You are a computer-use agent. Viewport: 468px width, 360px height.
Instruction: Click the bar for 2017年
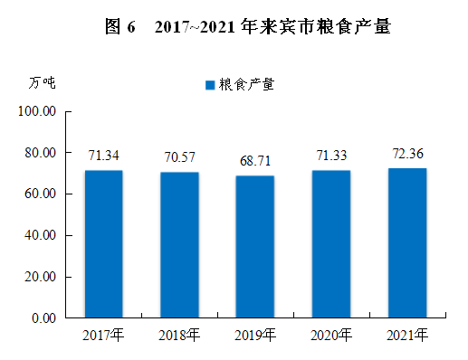coord(104,244)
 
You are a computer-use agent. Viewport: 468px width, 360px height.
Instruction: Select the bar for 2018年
coord(179,245)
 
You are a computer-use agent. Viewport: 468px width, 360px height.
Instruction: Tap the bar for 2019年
coord(255,247)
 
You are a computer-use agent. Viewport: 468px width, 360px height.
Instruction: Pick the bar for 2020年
coord(331,244)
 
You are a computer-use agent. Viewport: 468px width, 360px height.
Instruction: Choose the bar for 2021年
coord(407,243)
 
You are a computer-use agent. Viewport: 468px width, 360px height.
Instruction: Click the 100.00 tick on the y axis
coord(37,111)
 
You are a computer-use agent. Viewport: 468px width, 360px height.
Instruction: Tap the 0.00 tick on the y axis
coord(43,318)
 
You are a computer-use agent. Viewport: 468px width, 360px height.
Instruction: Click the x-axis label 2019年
coord(255,336)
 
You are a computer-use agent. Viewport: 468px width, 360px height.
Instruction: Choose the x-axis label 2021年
coord(407,336)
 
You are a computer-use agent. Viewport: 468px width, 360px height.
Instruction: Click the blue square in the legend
coord(210,85)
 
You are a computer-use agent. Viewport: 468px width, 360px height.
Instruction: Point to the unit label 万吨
coord(42,83)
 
